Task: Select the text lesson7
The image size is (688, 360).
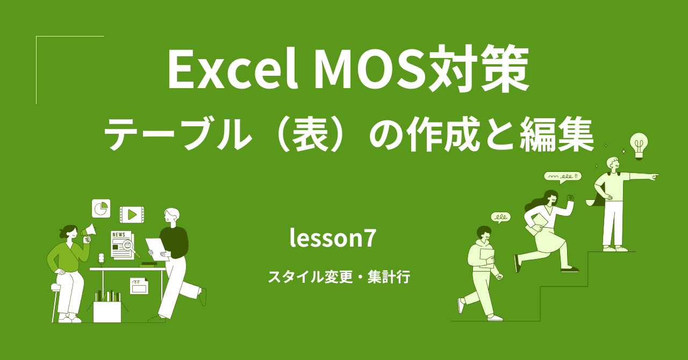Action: coord(332,238)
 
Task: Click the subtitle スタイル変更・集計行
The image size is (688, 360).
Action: coord(339,277)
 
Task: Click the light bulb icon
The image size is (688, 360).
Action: coord(639,145)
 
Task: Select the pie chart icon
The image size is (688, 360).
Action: coord(101,208)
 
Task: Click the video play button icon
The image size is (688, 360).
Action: coord(132,215)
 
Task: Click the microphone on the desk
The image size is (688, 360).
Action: coord(101,258)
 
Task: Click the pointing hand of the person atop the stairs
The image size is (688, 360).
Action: coord(653,176)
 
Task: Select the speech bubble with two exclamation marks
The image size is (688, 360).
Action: coord(562,176)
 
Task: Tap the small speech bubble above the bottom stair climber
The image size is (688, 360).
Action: coord(500,217)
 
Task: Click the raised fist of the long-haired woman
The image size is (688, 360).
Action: coord(570,197)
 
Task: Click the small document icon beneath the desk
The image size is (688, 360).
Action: coord(139,285)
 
